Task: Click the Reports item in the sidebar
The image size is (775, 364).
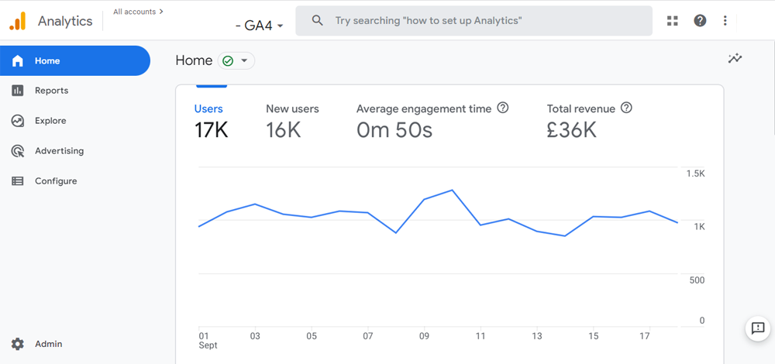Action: [x=51, y=91]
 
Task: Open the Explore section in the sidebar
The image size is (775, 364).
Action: [x=50, y=121]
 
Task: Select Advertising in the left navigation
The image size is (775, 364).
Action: [x=59, y=151]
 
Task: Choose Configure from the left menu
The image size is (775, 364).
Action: [x=56, y=181]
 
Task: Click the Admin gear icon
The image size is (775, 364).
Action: [x=18, y=344]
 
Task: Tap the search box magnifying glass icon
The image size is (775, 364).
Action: [x=317, y=21]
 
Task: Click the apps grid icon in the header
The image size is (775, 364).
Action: [x=672, y=21]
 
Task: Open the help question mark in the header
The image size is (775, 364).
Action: [x=700, y=21]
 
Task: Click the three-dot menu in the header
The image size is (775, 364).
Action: [x=725, y=21]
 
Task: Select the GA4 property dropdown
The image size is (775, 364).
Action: [x=260, y=26]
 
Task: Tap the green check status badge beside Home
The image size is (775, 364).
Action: [x=236, y=61]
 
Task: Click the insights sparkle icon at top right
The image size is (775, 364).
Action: [x=735, y=59]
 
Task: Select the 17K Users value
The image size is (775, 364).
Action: [x=211, y=130]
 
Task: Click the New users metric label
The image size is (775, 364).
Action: [x=292, y=109]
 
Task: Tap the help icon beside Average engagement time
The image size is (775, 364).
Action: [x=502, y=108]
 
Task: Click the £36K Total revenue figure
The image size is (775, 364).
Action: [x=571, y=130]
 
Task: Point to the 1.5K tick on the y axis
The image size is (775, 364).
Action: [x=695, y=173]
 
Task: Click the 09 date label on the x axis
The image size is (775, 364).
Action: [x=424, y=336]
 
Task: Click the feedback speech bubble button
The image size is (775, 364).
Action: [x=757, y=328]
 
